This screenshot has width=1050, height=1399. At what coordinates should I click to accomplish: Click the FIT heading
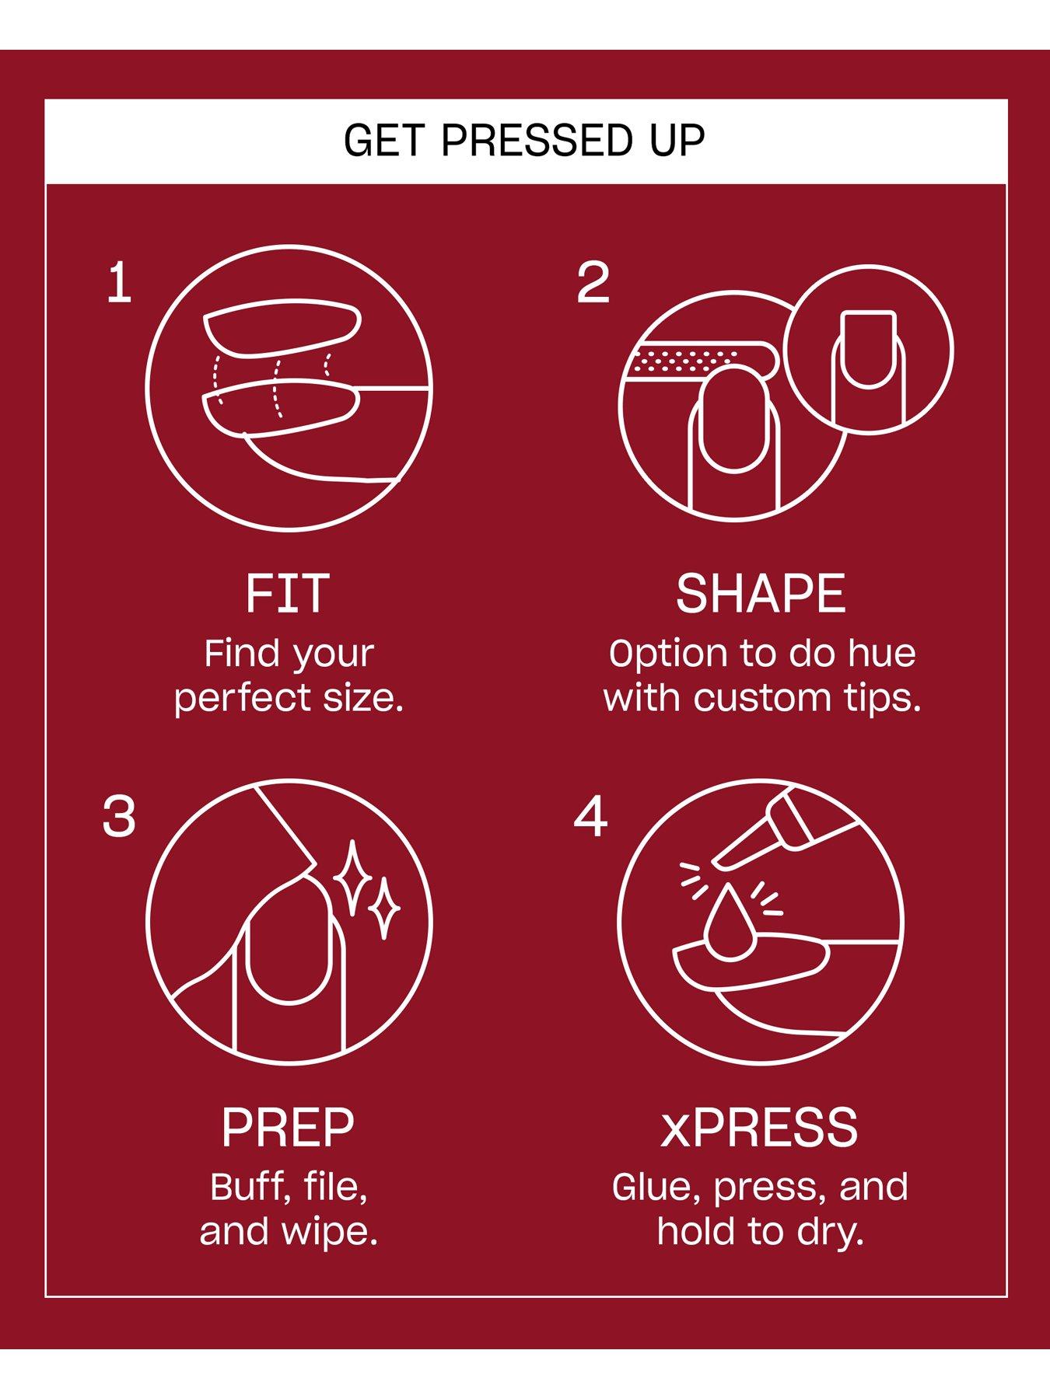click(288, 594)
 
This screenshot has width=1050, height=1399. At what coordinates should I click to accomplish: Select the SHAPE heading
click(760, 594)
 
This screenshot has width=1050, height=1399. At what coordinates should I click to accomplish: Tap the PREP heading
click(288, 1128)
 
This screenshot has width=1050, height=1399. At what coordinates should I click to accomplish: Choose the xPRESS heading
click(759, 1128)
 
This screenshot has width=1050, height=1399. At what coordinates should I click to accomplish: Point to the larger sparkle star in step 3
click(354, 877)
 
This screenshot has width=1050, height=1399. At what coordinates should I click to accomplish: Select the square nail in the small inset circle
click(869, 349)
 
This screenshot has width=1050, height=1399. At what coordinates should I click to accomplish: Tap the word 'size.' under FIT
click(366, 698)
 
